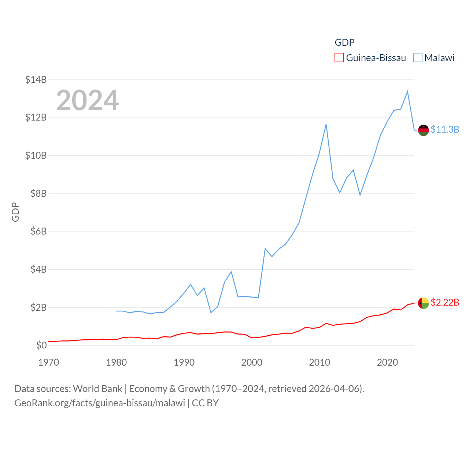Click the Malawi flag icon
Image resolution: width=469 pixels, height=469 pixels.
click(x=423, y=130)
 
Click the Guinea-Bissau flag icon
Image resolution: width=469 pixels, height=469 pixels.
click(x=423, y=303)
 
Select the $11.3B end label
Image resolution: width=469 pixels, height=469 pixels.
click(x=445, y=129)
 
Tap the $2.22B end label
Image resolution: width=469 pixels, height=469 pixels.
click(x=445, y=302)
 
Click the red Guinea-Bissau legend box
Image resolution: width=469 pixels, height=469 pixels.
click(x=339, y=58)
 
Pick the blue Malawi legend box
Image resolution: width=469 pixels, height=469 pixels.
click(x=418, y=58)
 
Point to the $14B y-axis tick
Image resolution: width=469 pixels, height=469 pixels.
click(x=36, y=80)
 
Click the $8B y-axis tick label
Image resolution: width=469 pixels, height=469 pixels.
click(x=36, y=193)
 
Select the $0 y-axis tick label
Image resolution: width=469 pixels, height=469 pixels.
click(x=41, y=345)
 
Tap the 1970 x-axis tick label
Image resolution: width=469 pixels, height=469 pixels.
click(x=48, y=362)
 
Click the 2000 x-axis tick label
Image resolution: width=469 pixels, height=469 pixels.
click(x=252, y=362)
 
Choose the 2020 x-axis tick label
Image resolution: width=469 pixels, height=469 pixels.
click(x=387, y=362)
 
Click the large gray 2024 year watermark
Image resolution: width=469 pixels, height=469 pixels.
click(x=88, y=100)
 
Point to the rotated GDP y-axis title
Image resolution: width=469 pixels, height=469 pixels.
click(x=15, y=212)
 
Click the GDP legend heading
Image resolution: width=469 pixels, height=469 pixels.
click(x=344, y=43)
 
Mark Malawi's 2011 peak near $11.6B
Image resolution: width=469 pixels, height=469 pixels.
click(x=326, y=125)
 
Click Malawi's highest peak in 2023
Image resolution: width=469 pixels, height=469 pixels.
click(x=407, y=92)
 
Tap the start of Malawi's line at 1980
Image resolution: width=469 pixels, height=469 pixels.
click(x=116, y=311)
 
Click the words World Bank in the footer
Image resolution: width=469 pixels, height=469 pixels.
click(x=97, y=389)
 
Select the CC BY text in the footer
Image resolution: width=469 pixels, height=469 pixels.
click(x=205, y=403)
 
